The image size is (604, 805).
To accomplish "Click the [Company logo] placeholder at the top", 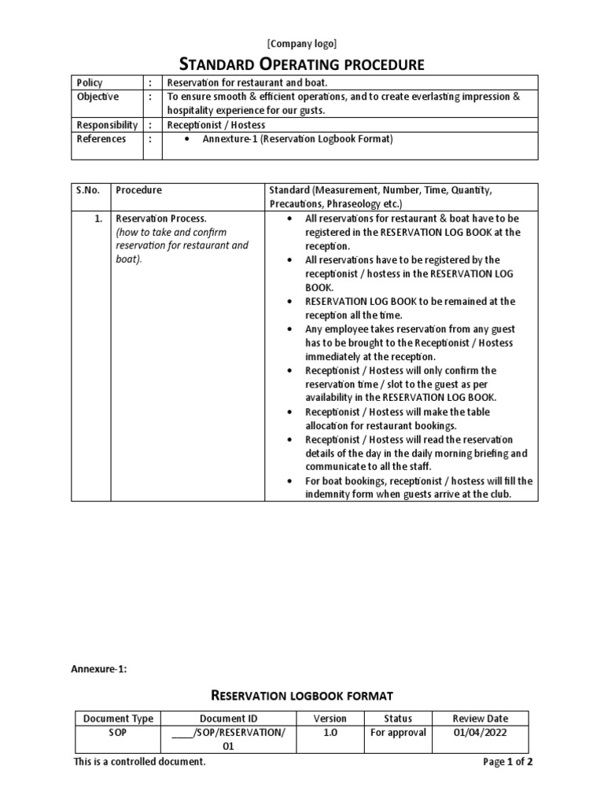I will click(x=302, y=43).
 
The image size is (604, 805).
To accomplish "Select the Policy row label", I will click(x=90, y=83).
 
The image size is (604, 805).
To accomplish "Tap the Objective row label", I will click(x=98, y=97).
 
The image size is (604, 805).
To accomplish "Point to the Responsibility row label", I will click(x=107, y=125).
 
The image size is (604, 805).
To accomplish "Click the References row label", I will click(x=101, y=139).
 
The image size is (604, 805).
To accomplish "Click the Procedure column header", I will click(x=138, y=190).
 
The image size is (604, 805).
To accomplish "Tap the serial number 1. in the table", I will click(x=98, y=219).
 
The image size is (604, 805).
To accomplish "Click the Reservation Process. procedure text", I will click(x=161, y=219).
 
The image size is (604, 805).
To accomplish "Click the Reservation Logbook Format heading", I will click(x=302, y=695).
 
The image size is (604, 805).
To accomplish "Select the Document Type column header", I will click(x=118, y=718).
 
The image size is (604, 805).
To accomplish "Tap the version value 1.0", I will click(x=330, y=733).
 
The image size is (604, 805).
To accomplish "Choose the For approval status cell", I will click(x=398, y=733).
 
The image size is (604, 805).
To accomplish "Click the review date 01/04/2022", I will click(x=481, y=733).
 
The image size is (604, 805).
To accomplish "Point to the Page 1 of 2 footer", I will click(x=507, y=762).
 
